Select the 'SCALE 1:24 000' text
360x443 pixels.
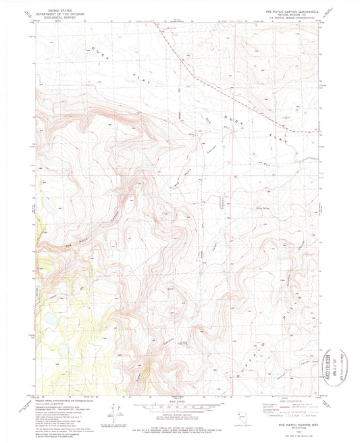179,403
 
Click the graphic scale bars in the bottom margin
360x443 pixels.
179,410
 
